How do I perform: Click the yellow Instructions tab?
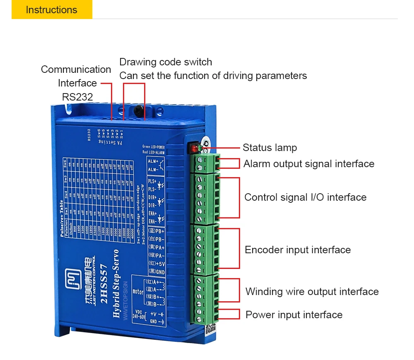pos(52,10)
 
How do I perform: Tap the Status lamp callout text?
pos(270,148)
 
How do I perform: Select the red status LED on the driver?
pos(193,147)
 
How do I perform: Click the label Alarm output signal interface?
pos(308,164)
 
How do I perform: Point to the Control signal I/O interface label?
pos(305,197)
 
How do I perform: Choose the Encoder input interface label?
pos(298,250)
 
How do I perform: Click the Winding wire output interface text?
pos(312,292)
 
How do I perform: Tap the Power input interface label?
pos(294,315)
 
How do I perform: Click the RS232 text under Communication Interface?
pos(77,97)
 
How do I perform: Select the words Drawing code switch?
pos(166,62)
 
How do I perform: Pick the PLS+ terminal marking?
pos(153,182)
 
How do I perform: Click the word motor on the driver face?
pos(138,292)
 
